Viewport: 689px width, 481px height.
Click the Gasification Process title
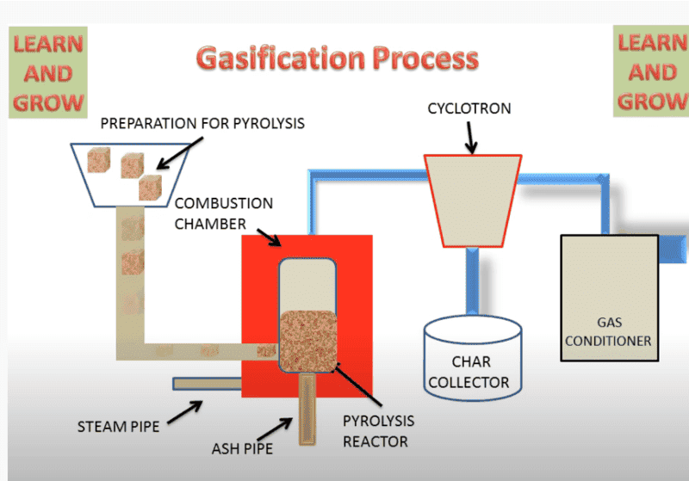click(337, 59)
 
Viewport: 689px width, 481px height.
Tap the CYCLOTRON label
click(469, 108)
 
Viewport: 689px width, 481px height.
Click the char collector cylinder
click(473, 358)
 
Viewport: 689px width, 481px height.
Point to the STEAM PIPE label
click(118, 426)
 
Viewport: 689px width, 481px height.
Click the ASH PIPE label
click(244, 448)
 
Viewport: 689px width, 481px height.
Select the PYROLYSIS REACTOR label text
click(378, 431)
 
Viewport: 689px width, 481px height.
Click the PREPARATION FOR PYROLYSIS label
click(202, 123)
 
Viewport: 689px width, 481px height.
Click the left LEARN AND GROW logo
click(47, 73)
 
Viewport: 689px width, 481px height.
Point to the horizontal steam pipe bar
click(207, 383)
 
